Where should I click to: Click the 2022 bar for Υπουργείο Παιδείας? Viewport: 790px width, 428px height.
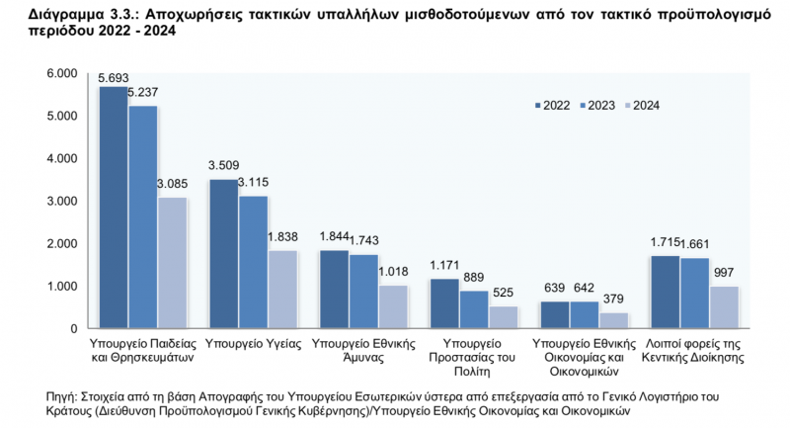[114, 208]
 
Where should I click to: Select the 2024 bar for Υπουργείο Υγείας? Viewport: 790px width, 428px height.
[283, 289]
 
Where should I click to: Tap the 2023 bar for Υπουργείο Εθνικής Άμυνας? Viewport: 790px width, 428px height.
[364, 291]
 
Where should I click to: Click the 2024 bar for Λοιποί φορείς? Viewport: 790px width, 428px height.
[726, 307]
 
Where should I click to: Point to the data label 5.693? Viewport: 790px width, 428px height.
[115, 78]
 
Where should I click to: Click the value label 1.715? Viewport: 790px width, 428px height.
[668, 244]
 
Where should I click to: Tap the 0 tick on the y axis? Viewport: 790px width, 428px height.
[72, 328]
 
